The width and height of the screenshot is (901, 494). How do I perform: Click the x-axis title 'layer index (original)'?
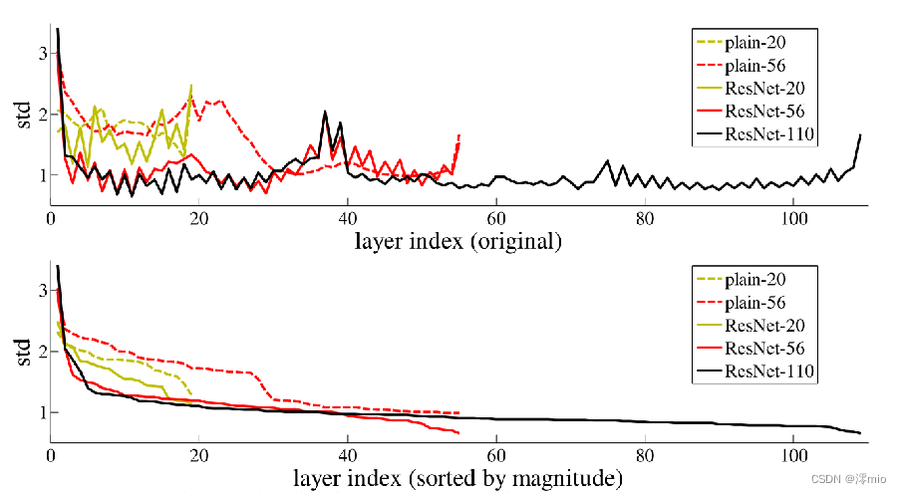pyautogui.click(x=458, y=241)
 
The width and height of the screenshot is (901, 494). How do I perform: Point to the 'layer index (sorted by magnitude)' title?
pyautogui.click(x=458, y=479)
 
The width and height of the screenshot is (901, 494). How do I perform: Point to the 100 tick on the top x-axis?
pyautogui.click(x=793, y=218)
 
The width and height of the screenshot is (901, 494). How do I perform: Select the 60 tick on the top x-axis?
pyautogui.click(x=496, y=218)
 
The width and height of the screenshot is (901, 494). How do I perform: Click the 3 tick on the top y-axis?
pyautogui.click(x=41, y=53)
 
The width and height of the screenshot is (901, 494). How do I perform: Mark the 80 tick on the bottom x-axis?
pyautogui.click(x=645, y=456)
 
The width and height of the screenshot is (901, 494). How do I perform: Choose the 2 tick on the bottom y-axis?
pyautogui.click(x=41, y=352)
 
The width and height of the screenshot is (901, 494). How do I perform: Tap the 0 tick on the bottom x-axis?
pyautogui.click(x=51, y=456)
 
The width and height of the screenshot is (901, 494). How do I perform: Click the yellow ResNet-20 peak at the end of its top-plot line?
pyautogui.click(x=191, y=86)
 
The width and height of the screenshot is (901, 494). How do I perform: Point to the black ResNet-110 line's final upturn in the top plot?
pyautogui.click(x=859, y=134)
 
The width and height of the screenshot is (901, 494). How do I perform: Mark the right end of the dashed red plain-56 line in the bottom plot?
pyautogui.click(x=458, y=412)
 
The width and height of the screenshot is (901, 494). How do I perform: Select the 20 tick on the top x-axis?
pyautogui.click(x=199, y=218)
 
